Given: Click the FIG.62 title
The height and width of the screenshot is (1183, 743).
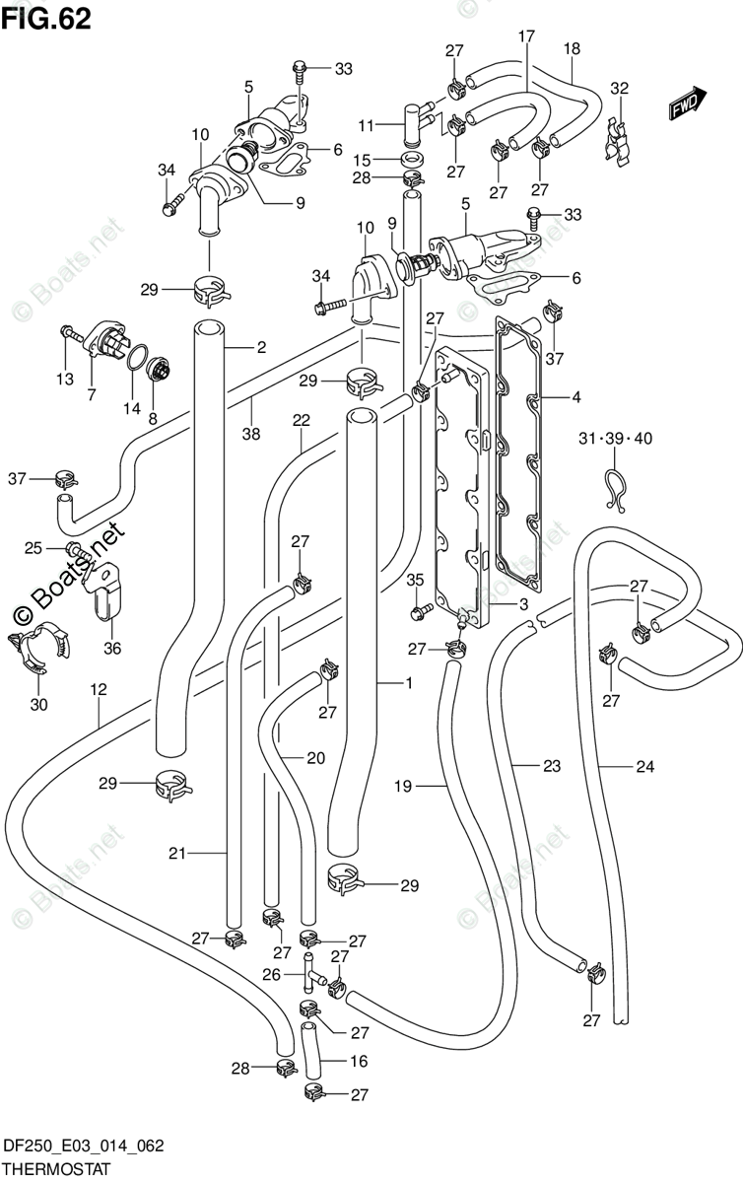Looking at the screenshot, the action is tap(46, 20).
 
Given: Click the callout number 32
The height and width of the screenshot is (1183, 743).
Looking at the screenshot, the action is tap(620, 88).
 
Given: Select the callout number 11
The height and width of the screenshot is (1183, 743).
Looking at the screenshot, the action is tap(366, 126).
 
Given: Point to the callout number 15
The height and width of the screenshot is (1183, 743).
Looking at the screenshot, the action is tap(363, 160).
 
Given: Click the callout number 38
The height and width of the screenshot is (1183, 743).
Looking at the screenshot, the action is tap(251, 434).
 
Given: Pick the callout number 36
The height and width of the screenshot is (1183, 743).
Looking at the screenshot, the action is tap(112, 648).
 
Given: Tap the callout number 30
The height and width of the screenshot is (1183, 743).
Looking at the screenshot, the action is tap(39, 704).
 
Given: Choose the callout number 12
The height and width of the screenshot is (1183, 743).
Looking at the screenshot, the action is tap(99, 689).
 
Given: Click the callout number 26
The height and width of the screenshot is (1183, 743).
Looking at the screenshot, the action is tap(271, 974).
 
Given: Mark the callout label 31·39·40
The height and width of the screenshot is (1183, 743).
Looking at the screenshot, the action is tap(615, 438).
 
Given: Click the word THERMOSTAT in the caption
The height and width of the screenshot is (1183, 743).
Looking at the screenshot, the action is tap(57, 1168).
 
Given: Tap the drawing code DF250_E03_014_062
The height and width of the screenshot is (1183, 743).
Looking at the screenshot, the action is tap(84, 1146).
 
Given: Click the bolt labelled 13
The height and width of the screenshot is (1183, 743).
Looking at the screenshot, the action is tap(73, 334).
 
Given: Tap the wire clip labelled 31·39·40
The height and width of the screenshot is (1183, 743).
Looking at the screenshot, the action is tap(615, 490).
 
